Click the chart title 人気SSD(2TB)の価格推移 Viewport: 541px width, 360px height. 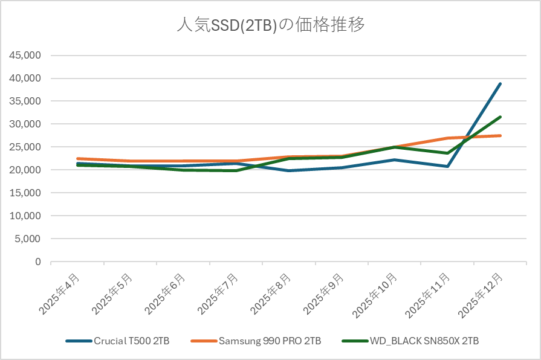pyautogui.click(x=270, y=26)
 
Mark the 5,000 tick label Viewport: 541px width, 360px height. pyautogui.click(x=28, y=239)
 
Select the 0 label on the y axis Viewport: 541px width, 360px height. pyautogui.click(x=37, y=262)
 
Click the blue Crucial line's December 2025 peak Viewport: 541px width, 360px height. pyautogui.click(x=500, y=84)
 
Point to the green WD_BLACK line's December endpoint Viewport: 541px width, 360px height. pyautogui.click(x=500, y=117)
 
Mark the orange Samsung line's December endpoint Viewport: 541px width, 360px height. pyautogui.click(x=500, y=136)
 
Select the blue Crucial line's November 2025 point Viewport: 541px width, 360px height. pyautogui.click(x=447, y=166)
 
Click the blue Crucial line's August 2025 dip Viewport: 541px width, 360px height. pyautogui.click(x=289, y=171)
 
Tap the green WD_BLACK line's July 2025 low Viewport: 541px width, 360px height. pyautogui.click(x=236, y=171)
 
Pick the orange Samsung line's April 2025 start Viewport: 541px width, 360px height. pyautogui.click(x=77, y=159)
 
